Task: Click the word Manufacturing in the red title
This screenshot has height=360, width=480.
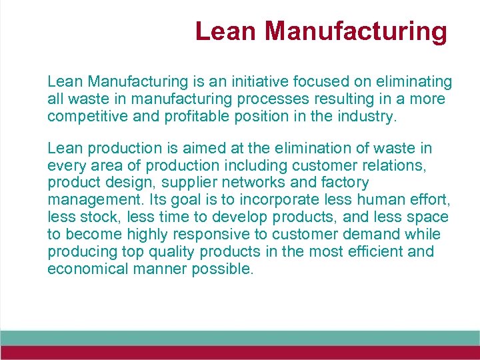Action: [x=356, y=31]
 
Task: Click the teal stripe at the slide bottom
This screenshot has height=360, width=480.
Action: [x=240, y=337]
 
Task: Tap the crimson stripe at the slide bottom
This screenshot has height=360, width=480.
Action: [x=240, y=353]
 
